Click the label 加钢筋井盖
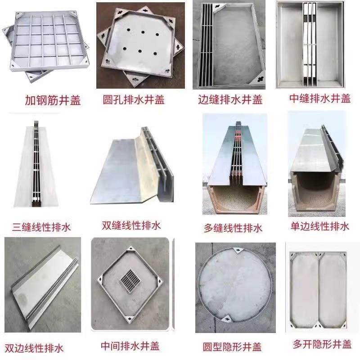[53, 100]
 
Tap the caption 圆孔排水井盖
[134, 99]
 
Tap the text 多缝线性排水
[233, 228]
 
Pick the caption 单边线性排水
[319, 225]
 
